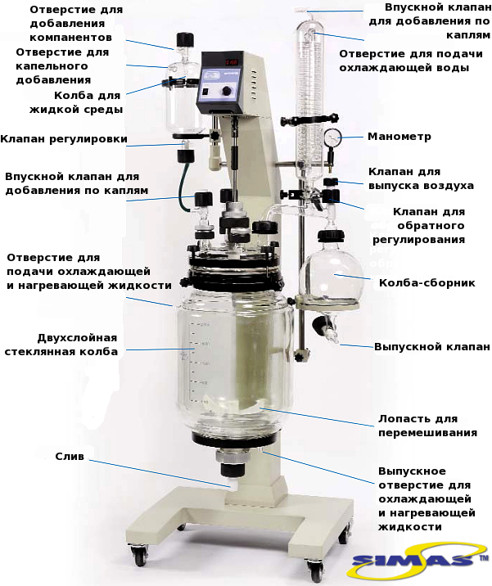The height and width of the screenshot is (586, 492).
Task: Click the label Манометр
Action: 399,137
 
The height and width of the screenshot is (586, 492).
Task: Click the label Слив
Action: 70,457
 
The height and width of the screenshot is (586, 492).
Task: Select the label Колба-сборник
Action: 427,282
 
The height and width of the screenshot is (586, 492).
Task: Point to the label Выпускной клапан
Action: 431,346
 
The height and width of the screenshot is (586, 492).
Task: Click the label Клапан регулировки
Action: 64,139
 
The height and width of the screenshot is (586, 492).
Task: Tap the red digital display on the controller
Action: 231,62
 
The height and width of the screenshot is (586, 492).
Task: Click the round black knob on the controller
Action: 227,91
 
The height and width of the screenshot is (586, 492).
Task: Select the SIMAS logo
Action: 418,560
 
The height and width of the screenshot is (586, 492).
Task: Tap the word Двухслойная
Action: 78,338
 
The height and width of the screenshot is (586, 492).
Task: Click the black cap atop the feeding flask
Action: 185,39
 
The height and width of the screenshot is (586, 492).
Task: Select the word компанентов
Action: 70,38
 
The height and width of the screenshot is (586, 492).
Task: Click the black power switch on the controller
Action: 205,91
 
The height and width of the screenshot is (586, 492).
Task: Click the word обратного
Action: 431,226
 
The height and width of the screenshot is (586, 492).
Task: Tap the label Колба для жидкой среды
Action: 76,102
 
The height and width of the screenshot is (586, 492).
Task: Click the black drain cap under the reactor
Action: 233,470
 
